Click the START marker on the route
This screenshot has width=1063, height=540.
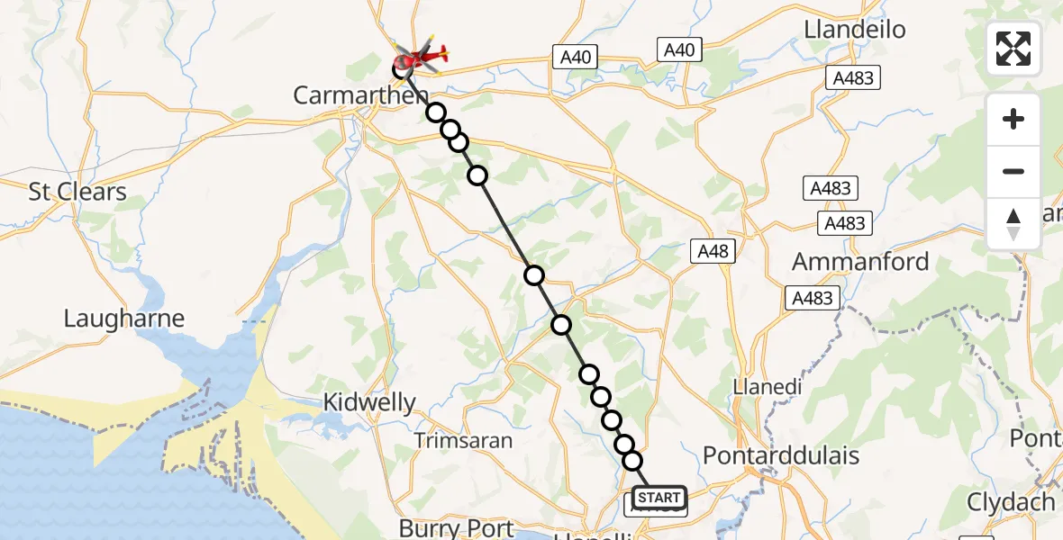659,498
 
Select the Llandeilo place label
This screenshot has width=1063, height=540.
854,30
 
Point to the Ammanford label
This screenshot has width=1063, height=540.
860,262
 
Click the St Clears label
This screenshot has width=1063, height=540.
77,192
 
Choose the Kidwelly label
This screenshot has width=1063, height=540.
371,402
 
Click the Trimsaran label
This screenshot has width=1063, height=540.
463,441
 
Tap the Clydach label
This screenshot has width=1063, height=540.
1010,502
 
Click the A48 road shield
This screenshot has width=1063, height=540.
711,251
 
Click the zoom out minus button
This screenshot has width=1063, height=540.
1013,172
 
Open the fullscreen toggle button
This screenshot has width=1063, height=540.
1013,49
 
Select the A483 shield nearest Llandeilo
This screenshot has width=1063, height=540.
852,78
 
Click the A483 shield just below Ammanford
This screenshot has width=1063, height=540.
812,298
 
